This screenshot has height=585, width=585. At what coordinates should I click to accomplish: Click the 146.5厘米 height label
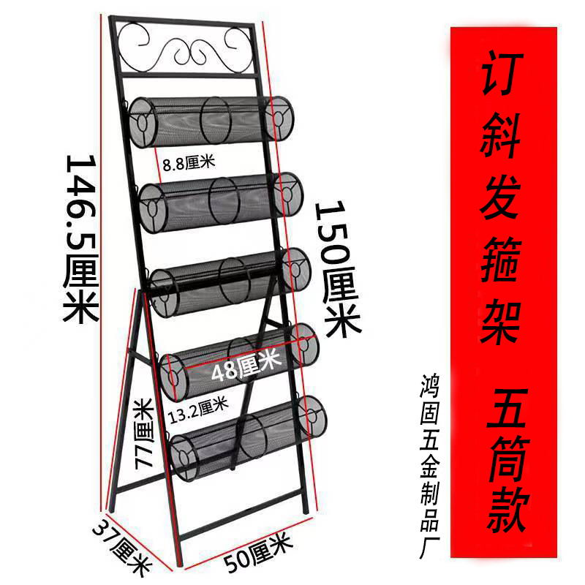pos(80,238)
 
